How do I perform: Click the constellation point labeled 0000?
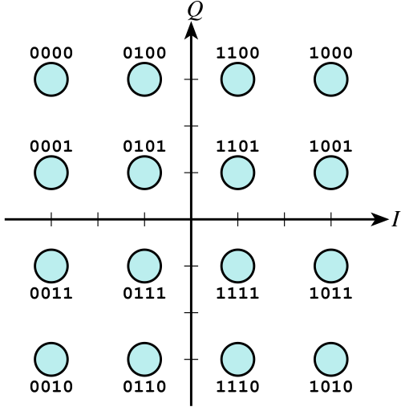click(x=51, y=79)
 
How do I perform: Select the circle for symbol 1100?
click(x=237, y=79)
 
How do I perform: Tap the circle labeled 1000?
click(x=331, y=79)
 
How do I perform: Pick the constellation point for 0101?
click(x=144, y=173)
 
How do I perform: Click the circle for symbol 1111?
click(x=237, y=266)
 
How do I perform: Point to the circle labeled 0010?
click(x=51, y=359)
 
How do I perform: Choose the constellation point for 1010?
click(x=331, y=359)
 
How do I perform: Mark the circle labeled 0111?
click(x=144, y=266)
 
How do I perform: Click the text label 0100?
click(x=144, y=53)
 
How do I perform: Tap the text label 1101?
click(x=237, y=146)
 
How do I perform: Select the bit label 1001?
click(x=331, y=146)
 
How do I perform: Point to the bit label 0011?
click(x=51, y=293)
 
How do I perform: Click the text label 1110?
click(x=237, y=387)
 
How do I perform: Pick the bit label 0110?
click(x=144, y=387)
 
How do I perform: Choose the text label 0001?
click(x=51, y=146)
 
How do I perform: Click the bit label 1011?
click(x=331, y=293)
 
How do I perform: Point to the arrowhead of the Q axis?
click(x=191, y=31)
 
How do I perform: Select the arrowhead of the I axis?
click(x=379, y=219)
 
